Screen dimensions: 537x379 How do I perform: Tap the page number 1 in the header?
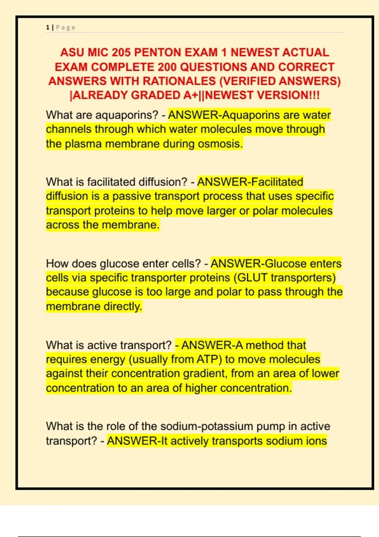pos(48,27)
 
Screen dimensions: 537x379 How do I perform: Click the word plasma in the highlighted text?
pos(84,144)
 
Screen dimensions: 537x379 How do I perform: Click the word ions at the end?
pos(316,441)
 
